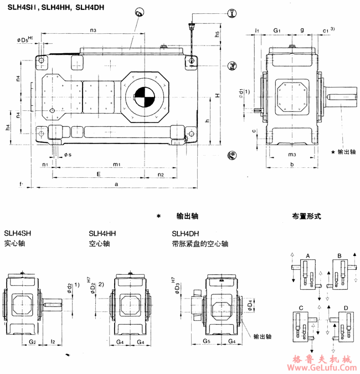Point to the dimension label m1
116,164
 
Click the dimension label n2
161,174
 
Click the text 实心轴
14,243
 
